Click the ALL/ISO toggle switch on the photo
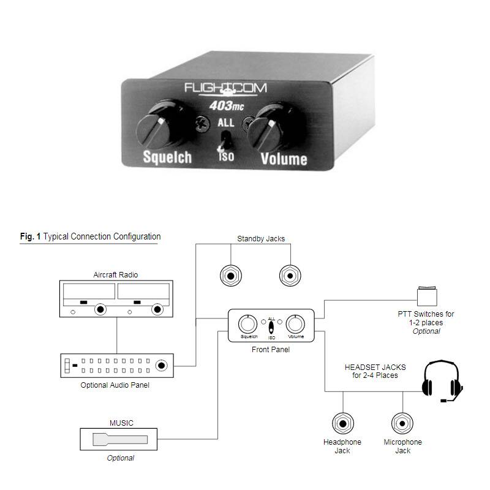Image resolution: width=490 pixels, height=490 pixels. [225, 138]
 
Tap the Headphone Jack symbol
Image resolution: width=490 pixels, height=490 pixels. [342, 423]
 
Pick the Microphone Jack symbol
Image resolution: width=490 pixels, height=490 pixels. [402, 423]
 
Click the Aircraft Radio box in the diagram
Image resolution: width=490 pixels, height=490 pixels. [116, 299]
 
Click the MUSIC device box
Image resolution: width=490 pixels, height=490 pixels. [118, 439]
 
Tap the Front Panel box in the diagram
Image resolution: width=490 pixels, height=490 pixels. [271, 326]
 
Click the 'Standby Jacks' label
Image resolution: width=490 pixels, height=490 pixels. [261, 238]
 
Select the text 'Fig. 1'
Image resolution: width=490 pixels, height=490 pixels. [30, 236]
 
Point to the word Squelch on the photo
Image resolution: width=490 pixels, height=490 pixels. [167, 157]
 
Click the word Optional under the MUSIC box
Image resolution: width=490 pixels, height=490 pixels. [120, 458]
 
